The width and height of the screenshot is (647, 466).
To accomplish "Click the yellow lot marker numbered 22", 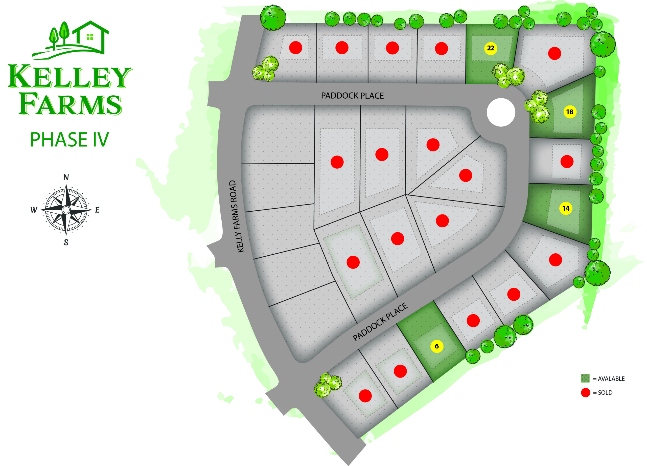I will tap(490, 48).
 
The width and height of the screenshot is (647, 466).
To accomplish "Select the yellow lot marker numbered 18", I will tap(570, 112).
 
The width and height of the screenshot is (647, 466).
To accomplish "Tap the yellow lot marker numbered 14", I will tap(566, 208).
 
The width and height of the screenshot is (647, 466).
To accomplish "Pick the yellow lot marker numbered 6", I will tap(436, 346).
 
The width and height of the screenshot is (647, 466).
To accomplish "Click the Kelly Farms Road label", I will tap(237, 216).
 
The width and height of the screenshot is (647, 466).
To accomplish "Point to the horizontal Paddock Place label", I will tap(352, 96).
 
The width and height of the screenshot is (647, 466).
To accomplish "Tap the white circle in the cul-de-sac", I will tap(501, 113).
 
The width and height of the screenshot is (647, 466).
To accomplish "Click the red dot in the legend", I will tap(585, 393).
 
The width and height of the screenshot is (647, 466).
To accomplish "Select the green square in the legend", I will tap(585, 379).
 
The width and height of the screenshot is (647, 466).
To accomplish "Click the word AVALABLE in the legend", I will tap(611, 379).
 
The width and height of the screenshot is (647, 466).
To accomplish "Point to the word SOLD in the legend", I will tap(605, 393).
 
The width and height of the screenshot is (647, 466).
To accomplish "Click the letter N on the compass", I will tap(66, 177).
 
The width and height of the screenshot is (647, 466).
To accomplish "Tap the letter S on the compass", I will tap(66, 242).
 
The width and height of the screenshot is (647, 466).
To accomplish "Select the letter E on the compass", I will tap(97, 210).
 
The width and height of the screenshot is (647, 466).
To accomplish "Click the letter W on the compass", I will tap(34, 210).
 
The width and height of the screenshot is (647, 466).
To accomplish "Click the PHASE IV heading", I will tap(69, 140).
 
